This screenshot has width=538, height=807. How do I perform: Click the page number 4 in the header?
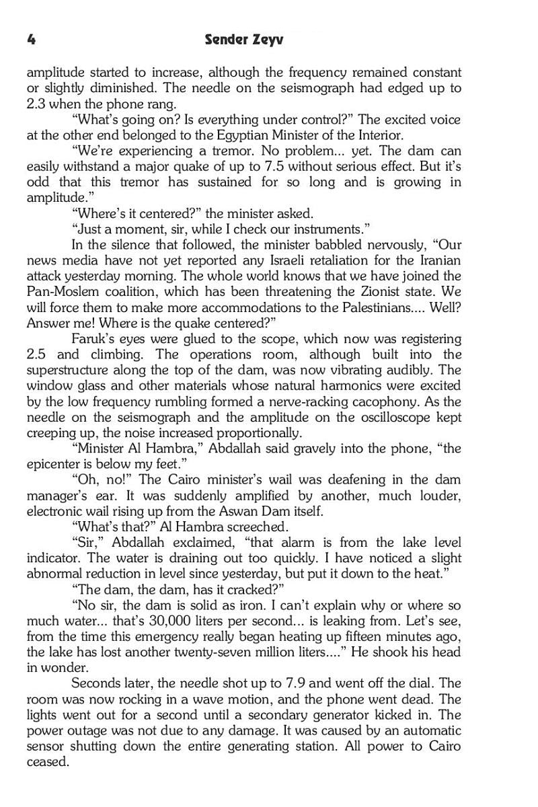(x=31, y=39)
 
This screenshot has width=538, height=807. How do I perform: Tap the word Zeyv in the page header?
(x=266, y=40)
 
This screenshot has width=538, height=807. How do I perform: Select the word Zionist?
(x=373, y=292)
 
